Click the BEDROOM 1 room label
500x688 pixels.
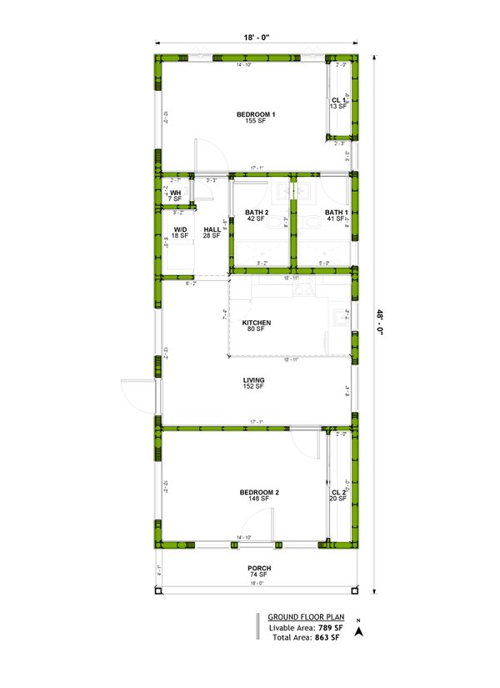tap(256, 114)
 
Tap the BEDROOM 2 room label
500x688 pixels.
tap(258, 493)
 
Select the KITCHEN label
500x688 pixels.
tap(255, 323)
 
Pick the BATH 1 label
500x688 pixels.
tap(335, 213)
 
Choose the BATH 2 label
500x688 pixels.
tap(256, 213)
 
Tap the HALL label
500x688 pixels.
tap(212, 229)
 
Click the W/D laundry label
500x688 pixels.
tap(180, 229)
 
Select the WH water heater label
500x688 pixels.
tap(175, 193)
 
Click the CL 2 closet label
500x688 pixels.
tap(337, 493)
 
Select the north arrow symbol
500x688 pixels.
tap(357, 631)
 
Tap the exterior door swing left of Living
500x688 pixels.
tap(137, 392)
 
